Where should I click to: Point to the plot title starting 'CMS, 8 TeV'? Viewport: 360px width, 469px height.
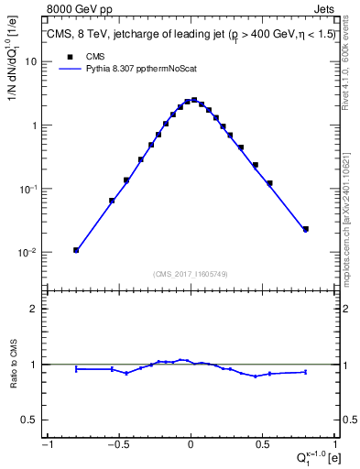[x=190, y=35]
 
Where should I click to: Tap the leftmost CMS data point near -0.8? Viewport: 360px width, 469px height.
[x=76, y=250]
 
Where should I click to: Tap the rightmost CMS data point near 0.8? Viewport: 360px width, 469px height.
[x=306, y=229]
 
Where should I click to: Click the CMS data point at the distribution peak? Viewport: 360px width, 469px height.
[x=194, y=100]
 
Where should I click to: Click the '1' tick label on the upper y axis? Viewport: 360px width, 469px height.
[x=33, y=125]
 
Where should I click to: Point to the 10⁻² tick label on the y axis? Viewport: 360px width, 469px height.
[x=27, y=253]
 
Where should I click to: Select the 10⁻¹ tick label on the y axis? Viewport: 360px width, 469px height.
[x=27, y=189]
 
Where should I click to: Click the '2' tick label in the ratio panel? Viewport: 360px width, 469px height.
[x=33, y=309]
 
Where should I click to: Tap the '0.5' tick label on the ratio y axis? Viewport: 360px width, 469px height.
[x=28, y=420]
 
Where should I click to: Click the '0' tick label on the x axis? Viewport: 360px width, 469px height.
[x=191, y=445]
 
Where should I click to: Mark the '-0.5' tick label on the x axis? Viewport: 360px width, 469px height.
[x=117, y=445]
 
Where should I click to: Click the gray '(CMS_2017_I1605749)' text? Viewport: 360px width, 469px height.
[x=190, y=274]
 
